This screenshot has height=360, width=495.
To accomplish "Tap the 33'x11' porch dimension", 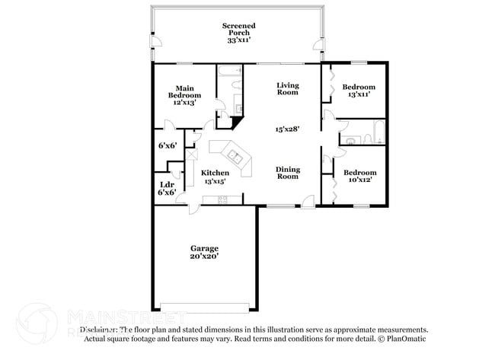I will (238, 40).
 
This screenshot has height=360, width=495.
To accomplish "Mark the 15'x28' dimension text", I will (287, 129).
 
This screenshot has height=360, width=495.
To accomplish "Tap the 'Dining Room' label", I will (287, 173).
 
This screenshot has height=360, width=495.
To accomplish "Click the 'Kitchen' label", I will (215, 173).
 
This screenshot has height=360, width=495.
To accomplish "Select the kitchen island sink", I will (236, 158).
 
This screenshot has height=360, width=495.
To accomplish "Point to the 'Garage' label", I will (204, 248).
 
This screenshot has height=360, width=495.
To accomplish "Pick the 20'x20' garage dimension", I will (204, 257).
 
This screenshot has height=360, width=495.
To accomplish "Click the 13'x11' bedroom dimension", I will (359, 94).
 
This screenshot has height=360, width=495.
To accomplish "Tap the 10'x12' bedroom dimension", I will (359, 181).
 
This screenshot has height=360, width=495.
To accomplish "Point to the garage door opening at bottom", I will (204, 307).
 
